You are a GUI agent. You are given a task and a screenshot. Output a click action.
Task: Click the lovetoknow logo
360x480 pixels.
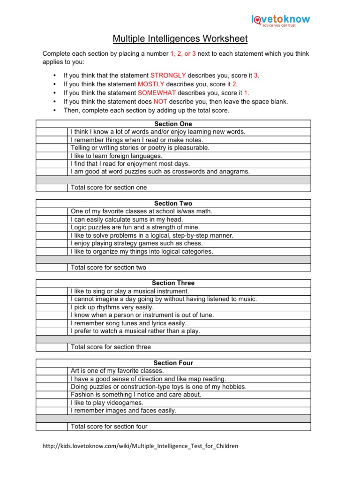click(x=280, y=20)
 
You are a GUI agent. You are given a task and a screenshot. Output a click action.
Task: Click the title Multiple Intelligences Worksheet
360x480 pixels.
click(x=180, y=38)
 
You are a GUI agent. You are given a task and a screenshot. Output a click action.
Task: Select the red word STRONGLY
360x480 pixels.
click(x=168, y=75)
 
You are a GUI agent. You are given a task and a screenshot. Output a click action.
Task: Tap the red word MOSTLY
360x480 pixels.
click(x=151, y=84)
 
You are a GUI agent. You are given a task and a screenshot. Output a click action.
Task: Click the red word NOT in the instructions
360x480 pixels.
click(x=160, y=102)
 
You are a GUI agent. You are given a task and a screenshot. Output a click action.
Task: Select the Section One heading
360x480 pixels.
click(x=173, y=124)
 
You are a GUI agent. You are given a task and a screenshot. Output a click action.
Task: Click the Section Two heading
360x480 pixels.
click(x=173, y=203)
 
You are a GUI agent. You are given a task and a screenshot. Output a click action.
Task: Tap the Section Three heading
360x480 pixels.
click(x=173, y=283)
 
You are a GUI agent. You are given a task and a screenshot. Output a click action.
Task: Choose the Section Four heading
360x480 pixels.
click(x=173, y=363)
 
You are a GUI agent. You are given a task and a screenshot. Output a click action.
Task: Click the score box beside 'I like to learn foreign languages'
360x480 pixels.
click(x=52, y=156)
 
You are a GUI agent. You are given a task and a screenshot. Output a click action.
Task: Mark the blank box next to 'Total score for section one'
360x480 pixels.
click(x=52, y=187)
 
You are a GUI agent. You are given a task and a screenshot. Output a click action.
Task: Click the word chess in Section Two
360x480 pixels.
click(x=194, y=243)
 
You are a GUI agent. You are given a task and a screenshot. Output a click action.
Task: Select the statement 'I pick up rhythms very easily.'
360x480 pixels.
click(x=112, y=307)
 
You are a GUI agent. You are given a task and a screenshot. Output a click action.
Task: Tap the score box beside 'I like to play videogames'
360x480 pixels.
click(x=52, y=403)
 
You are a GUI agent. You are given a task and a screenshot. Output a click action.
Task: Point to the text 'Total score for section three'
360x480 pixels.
click(x=111, y=347)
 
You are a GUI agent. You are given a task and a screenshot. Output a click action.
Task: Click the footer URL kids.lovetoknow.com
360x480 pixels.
click(x=140, y=446)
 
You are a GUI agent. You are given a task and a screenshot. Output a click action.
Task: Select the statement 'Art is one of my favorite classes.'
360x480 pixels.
click(x=117, y=371)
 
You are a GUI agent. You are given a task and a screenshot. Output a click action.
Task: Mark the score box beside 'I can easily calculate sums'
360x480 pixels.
click(x=52, y=219)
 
